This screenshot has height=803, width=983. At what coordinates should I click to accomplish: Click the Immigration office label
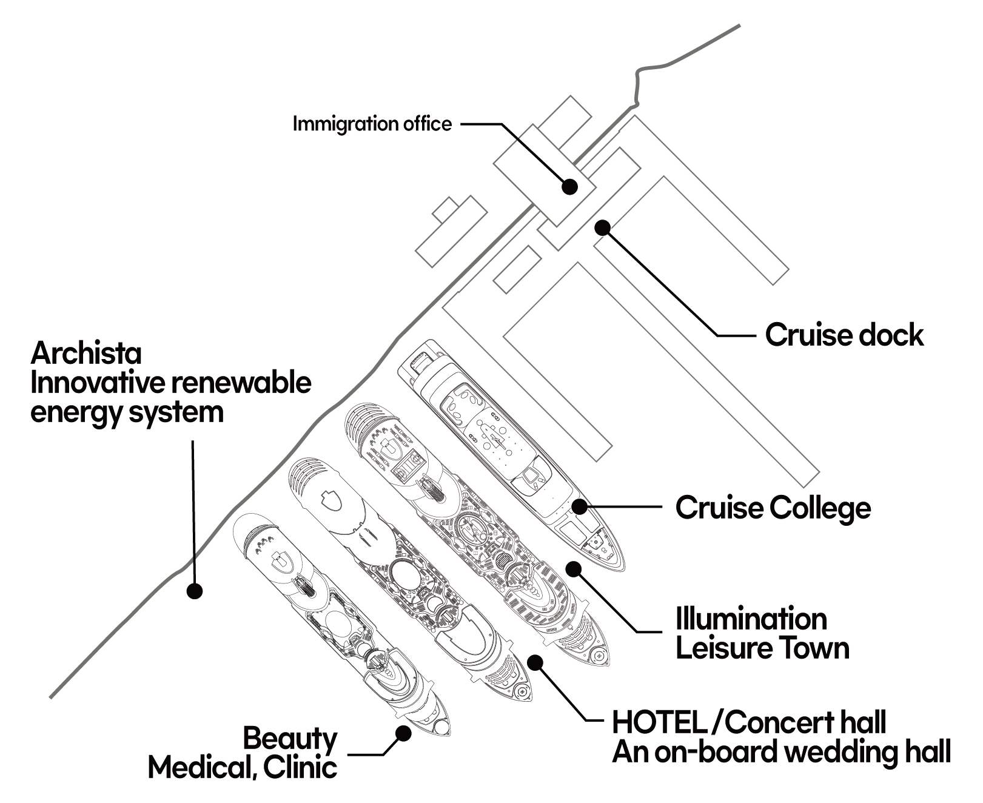372,124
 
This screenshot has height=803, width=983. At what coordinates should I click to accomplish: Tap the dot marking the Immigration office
569,186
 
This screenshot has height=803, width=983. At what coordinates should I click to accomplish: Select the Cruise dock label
844,335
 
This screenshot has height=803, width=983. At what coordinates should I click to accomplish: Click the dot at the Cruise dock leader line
602,227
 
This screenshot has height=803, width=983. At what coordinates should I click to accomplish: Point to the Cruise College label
773,508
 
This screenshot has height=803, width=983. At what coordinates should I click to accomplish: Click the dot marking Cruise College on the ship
580,505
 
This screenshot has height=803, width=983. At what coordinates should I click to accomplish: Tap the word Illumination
751,619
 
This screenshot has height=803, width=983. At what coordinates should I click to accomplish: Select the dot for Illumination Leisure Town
573,568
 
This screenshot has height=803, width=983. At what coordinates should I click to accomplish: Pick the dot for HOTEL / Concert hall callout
535,662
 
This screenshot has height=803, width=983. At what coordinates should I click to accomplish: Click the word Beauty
290,739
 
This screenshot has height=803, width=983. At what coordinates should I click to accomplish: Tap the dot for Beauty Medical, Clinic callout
403,734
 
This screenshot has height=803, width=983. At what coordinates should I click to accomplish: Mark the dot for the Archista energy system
194,591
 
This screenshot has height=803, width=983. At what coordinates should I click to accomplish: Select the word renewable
241,383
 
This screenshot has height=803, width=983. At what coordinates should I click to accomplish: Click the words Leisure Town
762,648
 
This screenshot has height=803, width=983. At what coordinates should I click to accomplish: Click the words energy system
127,412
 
